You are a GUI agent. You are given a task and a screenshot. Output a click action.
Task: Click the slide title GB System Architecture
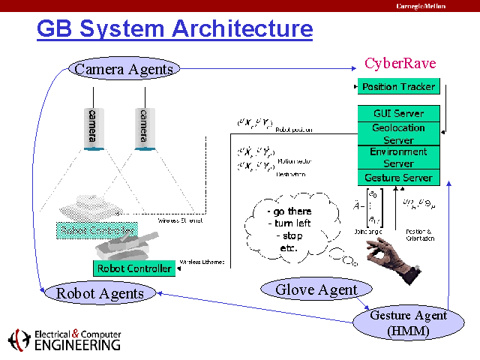(175, 29)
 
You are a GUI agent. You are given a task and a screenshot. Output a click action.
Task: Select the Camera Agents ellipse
(124, 69)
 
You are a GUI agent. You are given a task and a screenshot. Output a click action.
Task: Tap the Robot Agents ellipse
(100, 293)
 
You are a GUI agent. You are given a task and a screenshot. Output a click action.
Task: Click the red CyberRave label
(400, 63)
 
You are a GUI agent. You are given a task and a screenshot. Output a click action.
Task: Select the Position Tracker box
(398, 87)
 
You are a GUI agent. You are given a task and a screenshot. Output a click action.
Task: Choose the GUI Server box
(398, 114)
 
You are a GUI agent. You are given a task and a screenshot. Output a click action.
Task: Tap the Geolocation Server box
(398, 134)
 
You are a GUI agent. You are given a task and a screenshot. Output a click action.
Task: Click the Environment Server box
(398, 157)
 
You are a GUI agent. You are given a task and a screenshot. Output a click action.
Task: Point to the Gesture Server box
(398, 178)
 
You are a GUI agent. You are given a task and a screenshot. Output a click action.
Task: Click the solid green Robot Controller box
(134, 268)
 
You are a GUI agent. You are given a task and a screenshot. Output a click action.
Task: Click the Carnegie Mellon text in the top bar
(421, 6)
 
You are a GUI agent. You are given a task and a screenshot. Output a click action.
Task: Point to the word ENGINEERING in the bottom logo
(78, 345)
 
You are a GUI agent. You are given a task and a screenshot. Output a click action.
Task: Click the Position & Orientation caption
(419, 234)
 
